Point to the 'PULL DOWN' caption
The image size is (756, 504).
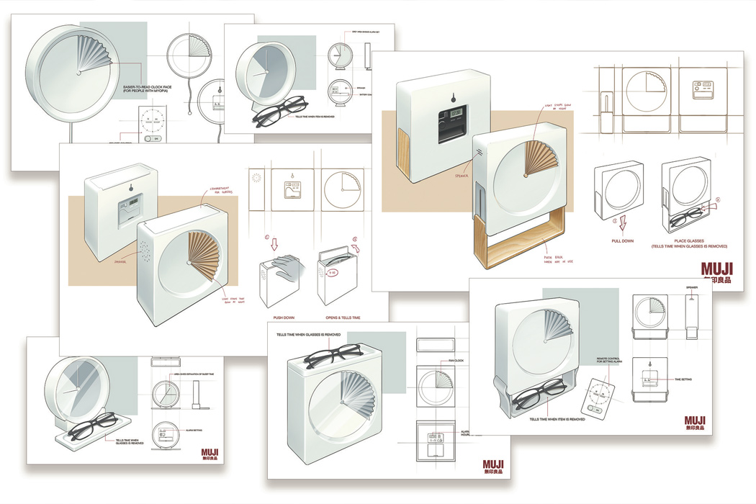(x=624, y=240)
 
